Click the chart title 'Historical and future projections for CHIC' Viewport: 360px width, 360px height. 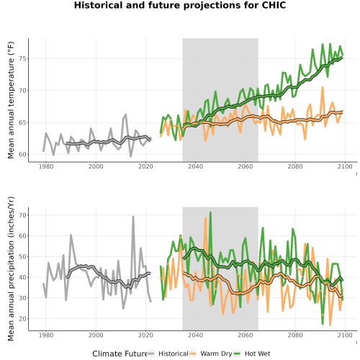[x=180, y=5]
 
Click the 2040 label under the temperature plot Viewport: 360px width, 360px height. [x=195, y=166]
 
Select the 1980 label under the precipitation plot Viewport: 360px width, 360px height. [x=46, y=335]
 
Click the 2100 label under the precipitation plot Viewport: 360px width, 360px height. [x=345, y=335]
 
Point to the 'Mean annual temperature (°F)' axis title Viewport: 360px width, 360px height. [x=11, y=100]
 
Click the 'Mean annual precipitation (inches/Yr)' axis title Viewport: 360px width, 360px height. [x=11, y=269]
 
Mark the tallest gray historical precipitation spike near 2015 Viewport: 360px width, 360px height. [x=133, y=217]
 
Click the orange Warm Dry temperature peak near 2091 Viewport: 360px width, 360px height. [x=323, y=87]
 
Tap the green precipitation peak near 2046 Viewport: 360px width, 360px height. [x=210, y=212]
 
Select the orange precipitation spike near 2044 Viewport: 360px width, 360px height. [x=205, y=218]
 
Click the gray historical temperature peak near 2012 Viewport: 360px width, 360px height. [x=126, y=114]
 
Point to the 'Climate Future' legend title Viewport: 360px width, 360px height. [x=120, y=354]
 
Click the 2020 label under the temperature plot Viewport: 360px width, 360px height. [x=145, y=166]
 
